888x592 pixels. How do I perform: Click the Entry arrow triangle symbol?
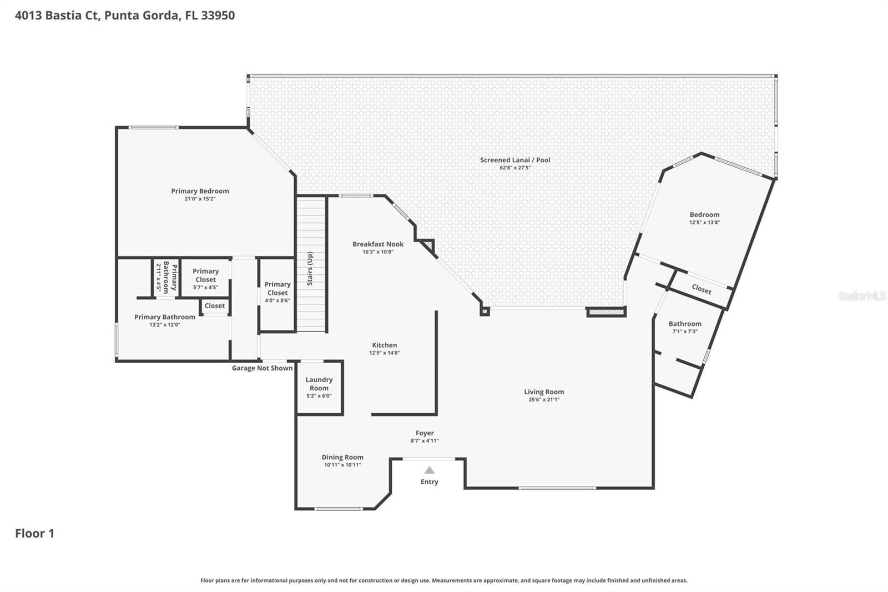pyautogui.click(x=429, y=470)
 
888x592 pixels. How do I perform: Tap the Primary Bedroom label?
pyautogui.click(x=200, y=191)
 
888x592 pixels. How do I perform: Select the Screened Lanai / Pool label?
pyautogui.click(x=515, y=160)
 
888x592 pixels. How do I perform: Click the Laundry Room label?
pyautogui.click(x=319, y=384)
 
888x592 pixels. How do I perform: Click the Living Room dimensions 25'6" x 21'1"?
pyautogui.click(x=544, y=399)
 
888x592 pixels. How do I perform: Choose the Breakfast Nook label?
pyautogui.click(x=378, y=244)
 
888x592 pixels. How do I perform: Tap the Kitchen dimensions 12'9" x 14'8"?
pyautogui.click(x=384, y=353)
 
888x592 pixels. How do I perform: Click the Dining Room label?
pyautogui.click(x=342, y=457)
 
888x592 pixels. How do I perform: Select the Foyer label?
pyautogui.click(x=425, y=433)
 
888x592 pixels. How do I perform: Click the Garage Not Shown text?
pyautogui.click(x=262, y=368)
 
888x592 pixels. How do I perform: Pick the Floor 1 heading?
pyautogui.click(x=34, y=533)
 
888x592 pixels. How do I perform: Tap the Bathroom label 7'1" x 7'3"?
pyautogui.click(x=685, y=327)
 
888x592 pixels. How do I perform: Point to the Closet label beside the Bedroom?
pyautogui.click(x=702, y=289)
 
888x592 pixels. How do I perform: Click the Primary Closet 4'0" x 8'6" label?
pyautogui.click(x=277, y=292)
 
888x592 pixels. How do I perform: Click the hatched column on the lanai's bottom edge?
pyautogui.click(x=606, y=313)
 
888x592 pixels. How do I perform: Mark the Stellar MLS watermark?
pyautogui.click(x=862, y=296)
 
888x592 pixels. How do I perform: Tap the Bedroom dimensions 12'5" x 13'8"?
pyautogui.click(x=704, y=222)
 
